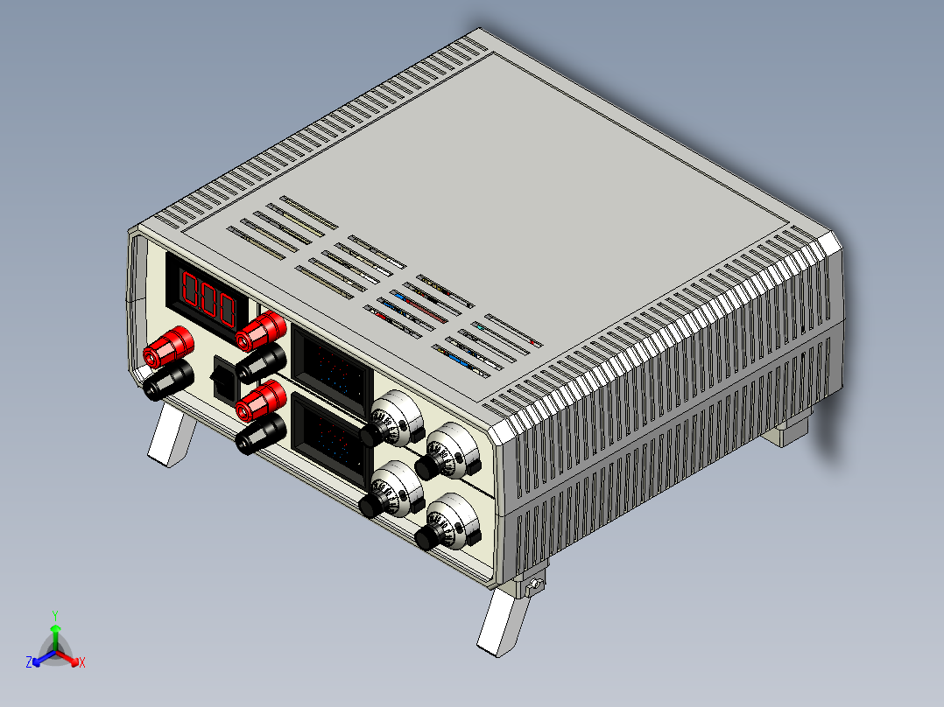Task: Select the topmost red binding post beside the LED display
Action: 261,331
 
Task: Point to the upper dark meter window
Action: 332,370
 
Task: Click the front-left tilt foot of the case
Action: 172,437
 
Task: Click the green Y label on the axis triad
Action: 54,614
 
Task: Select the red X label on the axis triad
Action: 82,662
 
